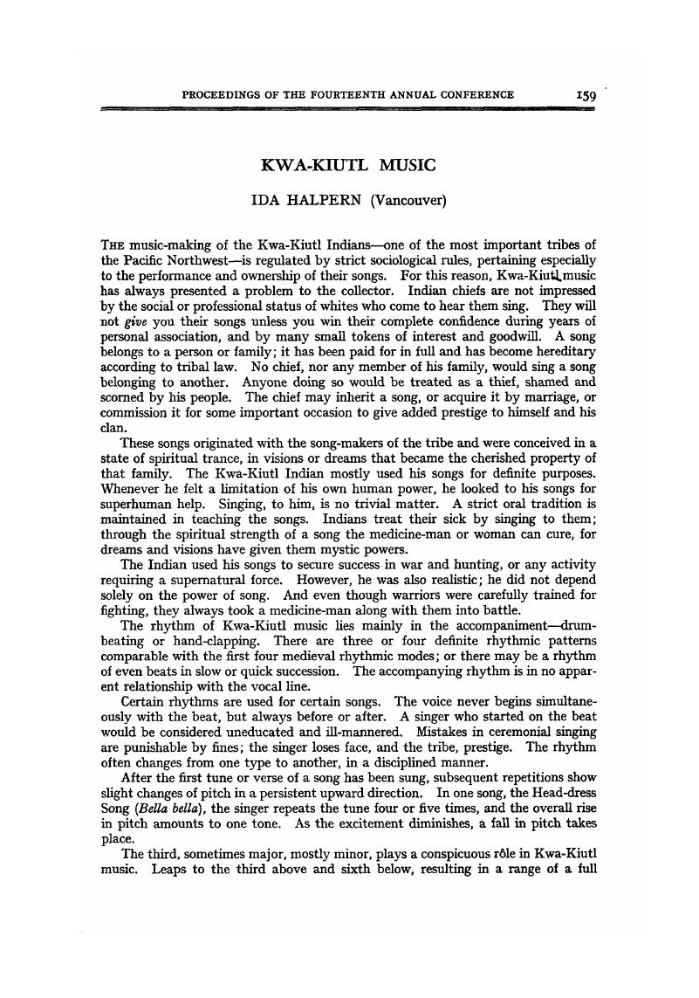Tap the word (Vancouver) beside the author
click(408, 201)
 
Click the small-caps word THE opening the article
click(113, 244)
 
